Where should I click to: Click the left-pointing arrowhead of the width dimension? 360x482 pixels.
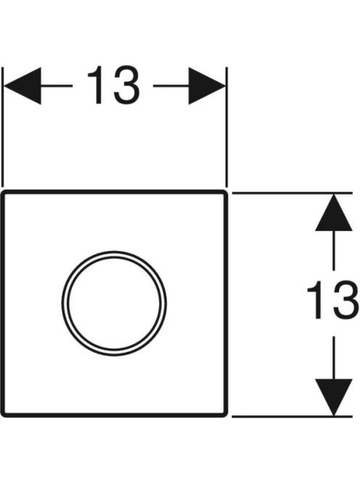[x=22, y=86]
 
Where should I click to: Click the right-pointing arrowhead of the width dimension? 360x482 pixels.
[x=207, y=86]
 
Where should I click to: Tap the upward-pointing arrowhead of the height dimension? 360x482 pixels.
[x=334, y=212]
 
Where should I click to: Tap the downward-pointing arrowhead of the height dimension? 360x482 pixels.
[x=334, y=398]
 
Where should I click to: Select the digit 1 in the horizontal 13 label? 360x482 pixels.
[x=96, y=85]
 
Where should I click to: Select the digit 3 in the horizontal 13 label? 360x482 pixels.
[x=126, y=85]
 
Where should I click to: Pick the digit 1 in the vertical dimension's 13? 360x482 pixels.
[x=316, y=300]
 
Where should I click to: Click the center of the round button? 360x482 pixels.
[x=114, y=303]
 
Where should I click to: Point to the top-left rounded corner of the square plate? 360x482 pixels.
[x=4, y=193]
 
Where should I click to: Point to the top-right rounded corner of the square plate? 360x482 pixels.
[x=225, y=193]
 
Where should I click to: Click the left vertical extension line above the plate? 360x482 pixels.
[x=3, y=127]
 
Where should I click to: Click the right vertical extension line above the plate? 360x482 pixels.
[x=226, y=127]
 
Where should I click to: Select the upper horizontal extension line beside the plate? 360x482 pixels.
[x=292, y=193]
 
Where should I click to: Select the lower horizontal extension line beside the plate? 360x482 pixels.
[x=292, y=417]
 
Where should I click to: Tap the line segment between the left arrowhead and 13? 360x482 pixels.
[x=57, y=86]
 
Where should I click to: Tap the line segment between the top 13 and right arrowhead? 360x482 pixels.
[x=171, y=86]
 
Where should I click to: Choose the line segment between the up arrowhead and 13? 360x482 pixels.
[x=334, y=250]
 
